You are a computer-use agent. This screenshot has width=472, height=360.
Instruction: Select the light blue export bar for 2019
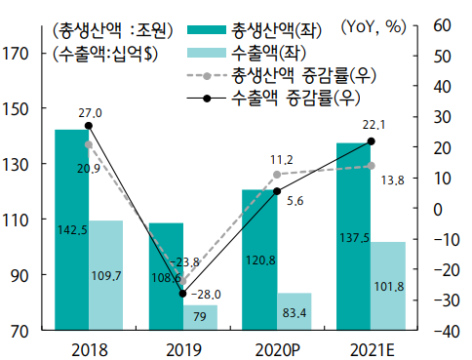pyautogui.click(x=200, y=318)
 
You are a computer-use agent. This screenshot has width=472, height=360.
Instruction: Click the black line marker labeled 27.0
pyautogui.click(x=89, y=126)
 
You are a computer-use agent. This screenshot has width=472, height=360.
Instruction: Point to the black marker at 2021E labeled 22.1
pyautogui.click(x=371, y=141)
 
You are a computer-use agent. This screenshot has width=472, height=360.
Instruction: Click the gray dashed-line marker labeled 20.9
pyautogui.click(x=89, y=144)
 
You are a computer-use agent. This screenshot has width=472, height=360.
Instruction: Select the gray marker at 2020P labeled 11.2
pyautogui.click(x=277, y=175)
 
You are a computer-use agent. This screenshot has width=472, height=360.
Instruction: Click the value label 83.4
pyautogui.click(x=295, y=311)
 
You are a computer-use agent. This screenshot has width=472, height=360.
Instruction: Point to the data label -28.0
pyautogui.click(x=208, y=294)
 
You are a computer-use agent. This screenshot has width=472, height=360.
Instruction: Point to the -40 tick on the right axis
pyautogui.click(x=441, y=332)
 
